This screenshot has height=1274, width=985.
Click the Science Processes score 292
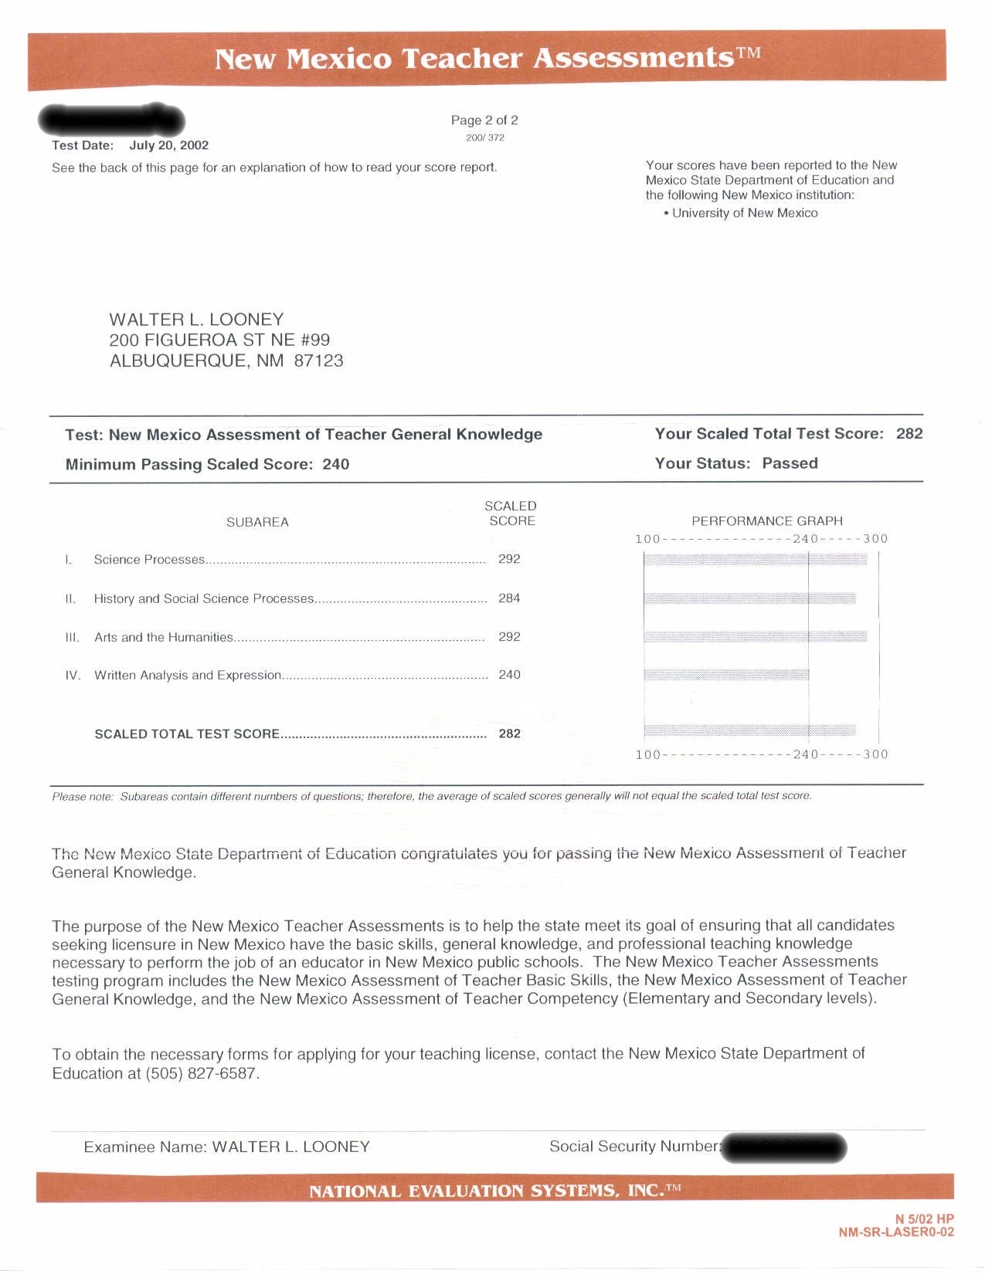tap(509, 559)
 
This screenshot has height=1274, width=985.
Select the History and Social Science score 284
tap(509, 598)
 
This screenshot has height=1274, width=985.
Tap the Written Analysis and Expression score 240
tap(509, 675)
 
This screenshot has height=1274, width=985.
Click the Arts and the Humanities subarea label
tap(163, 637)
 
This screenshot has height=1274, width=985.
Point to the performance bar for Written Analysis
tap(726, 675)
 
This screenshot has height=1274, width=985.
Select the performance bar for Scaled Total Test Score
tap(749, 730)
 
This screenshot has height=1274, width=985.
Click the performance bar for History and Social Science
tap(749, 598)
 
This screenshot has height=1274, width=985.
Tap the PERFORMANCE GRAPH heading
tap(767, 521)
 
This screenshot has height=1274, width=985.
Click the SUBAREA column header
tap(257, 523)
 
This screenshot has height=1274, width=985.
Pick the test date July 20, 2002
tap(168, 145)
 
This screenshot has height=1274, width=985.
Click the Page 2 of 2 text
tap(484, 120)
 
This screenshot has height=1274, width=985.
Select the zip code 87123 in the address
tap(318, 361)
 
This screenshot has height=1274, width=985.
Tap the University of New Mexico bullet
tap(744, 213)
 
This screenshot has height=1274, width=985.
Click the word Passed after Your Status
tap(790, 463)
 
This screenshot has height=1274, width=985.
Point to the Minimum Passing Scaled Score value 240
tap(335, 464)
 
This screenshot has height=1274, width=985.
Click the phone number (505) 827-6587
tap(201, 1073)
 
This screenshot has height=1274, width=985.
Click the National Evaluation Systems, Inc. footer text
tap(494, 1191)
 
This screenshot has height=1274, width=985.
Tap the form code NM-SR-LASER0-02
tap(896, 1232)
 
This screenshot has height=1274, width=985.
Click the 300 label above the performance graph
tap(875, 539)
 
